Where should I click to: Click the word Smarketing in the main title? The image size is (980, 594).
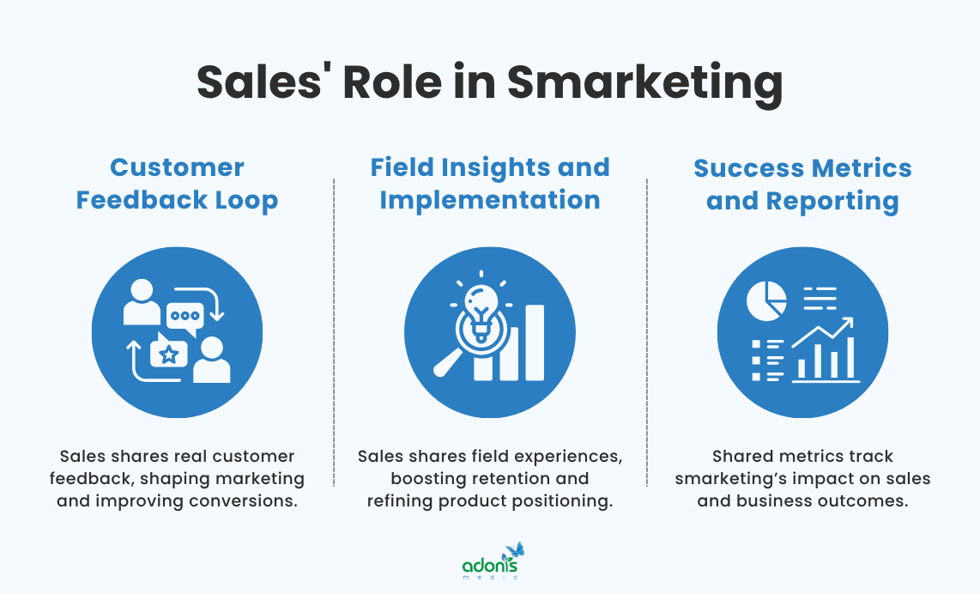[x=644, y=84]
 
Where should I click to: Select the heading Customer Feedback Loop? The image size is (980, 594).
[x=177, y=184]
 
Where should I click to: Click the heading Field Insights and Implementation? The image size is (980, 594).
[x=490, y=184]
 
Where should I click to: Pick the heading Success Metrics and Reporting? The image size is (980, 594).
[x=802, y=184]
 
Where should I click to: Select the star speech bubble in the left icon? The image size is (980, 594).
[x=169, y=353]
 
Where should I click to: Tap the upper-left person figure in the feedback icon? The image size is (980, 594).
[x=142, y=303]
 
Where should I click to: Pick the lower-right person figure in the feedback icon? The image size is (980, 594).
[x=211, y=360]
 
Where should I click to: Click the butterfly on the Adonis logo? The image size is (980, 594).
[x=514, y=550]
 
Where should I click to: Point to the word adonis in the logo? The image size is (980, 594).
[x=490, y=565]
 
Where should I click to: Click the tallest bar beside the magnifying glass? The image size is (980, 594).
[x=533, y=341]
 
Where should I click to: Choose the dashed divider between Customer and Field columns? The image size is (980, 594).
[x=334, y=343]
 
